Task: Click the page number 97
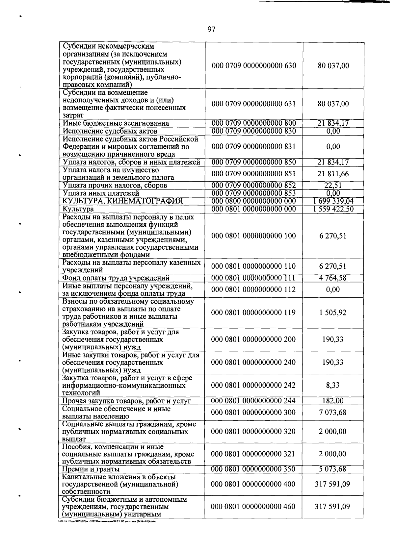211,30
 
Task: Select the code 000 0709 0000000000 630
254,66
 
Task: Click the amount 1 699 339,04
333,201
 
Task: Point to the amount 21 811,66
333,174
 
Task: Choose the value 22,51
333,186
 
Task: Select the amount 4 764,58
333,278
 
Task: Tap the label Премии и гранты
91,469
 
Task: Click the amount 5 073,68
333,469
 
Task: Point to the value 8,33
333,385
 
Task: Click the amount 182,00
333,401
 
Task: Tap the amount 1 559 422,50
333,209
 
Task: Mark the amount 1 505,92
333,313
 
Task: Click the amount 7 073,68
333,413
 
